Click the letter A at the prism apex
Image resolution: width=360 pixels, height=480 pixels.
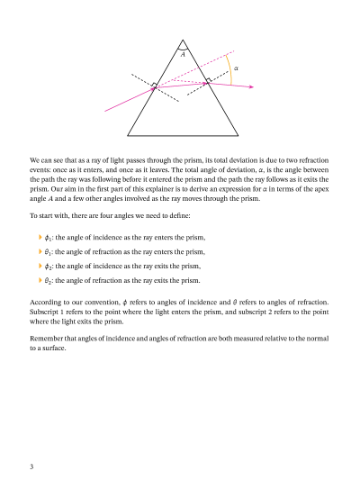coord(183,55)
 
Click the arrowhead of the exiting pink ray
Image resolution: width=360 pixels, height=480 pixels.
coord(251,87)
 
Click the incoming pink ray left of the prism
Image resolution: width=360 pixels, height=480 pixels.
coord(126,99)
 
